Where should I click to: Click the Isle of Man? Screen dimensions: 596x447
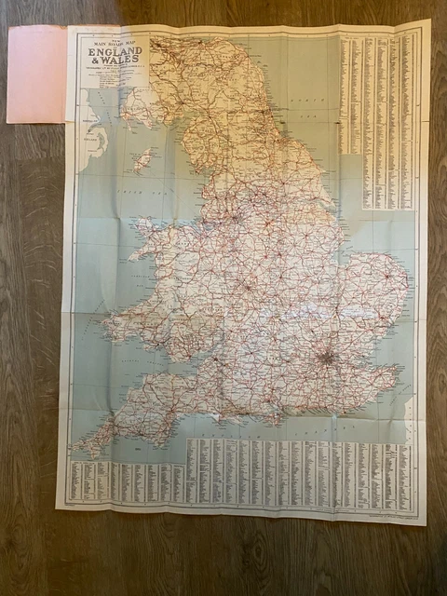click(142, 160)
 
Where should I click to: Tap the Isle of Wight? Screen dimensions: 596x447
click(279, 415)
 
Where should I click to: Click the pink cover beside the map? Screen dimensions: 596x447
click(36, 74)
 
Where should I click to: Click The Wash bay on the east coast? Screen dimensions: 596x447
click(347, 244)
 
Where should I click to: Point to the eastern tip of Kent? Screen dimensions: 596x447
click(400, 370)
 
